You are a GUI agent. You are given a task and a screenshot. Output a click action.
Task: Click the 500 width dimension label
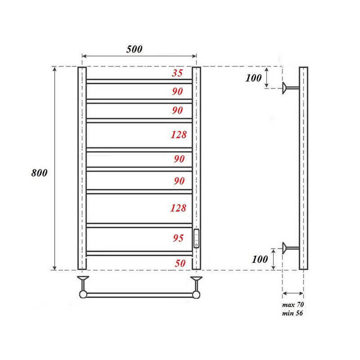click(134, 49)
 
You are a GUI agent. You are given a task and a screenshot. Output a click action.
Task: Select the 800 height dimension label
click(40, 173)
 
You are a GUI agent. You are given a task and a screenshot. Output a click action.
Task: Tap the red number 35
click(177, 73)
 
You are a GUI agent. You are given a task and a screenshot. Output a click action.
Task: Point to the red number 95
click(179, 238)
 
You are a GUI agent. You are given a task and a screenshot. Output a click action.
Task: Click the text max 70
click(293, 306)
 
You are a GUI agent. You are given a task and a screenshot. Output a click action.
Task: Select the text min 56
click(293, 313)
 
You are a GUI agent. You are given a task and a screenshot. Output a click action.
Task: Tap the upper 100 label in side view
click(254, 77)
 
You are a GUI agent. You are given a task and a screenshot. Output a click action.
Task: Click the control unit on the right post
click(197, 238)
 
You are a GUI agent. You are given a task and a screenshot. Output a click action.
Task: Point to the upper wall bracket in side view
click(288, 88)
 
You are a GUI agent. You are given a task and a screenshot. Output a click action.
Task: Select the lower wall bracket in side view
click(288, 247)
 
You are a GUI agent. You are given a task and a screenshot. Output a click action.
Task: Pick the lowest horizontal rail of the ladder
click(139, 253)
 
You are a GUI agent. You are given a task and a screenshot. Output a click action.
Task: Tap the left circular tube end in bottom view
click(83, 295)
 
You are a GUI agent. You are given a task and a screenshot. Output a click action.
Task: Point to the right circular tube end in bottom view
click(197, 295)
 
